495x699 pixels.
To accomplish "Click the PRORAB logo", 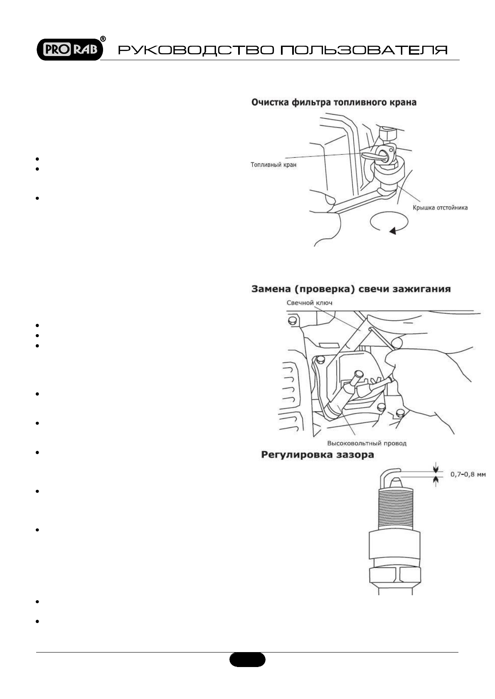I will click(69, 49).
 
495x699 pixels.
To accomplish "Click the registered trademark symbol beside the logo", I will click(103, 39).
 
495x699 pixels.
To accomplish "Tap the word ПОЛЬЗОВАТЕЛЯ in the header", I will click(364, 50).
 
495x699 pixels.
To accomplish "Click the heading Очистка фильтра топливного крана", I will click(333, 102).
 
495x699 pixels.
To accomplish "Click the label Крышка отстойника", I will click(440, 208).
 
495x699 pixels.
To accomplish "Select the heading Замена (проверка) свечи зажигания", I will click(351, 289).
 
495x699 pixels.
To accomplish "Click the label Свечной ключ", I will click(309, 303).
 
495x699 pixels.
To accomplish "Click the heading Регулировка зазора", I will click(317, 455).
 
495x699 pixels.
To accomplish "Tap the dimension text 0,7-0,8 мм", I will click(468, 474).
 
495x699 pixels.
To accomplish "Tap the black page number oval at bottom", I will click(247, 660).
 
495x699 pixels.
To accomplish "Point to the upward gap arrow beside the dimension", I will click(435, 481).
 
